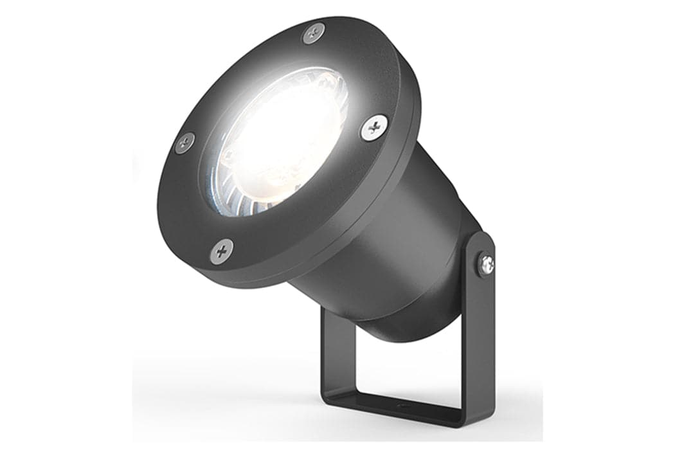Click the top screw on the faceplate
314,32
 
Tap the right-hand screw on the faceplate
373,127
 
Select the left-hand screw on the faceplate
184,142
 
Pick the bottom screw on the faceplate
222,250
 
